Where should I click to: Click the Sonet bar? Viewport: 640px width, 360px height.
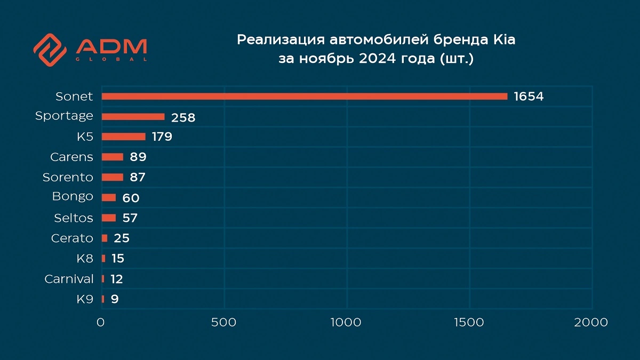click(304, 97)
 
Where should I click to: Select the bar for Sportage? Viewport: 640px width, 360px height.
click(133, 116)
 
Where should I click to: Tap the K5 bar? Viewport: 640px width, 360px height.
click(123, 137)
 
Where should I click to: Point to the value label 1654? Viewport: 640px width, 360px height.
click(529, 97)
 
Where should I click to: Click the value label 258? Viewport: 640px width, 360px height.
click(183, 117)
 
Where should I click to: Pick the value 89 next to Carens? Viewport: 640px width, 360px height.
click(138, 157)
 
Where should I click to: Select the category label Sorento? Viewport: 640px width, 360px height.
click(68, 177)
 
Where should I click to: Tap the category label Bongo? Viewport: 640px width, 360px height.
click(73, 197)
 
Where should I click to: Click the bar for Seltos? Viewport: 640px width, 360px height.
click(108, 218)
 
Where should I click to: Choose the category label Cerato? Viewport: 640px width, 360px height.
click(72, 238)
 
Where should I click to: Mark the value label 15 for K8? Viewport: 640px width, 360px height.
click(118, 259)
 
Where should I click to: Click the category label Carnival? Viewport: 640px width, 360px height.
click(69, 279)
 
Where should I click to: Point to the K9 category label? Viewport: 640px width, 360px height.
click(85, 299)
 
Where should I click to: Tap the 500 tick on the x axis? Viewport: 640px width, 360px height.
click(223, 323)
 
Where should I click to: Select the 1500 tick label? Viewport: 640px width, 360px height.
click(469, 323)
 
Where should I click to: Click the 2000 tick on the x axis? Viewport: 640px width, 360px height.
click(591, 323)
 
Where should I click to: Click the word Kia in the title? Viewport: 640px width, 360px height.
click(503, 40)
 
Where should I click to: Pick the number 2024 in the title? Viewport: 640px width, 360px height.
click(380, 58)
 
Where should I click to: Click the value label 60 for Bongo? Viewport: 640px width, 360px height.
click(131, 198)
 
